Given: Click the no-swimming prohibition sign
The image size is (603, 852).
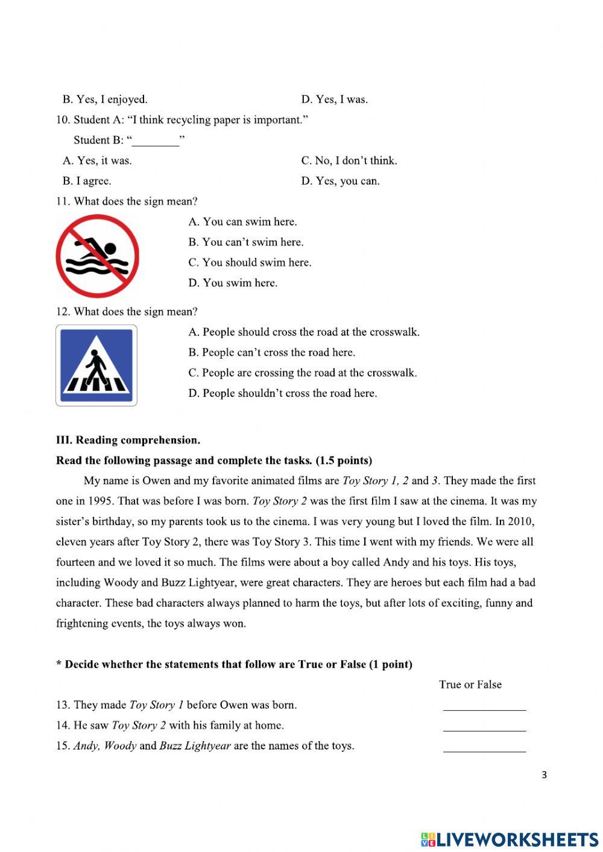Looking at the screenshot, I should coord(97,256).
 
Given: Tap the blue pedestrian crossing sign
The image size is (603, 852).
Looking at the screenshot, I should coord(96,365).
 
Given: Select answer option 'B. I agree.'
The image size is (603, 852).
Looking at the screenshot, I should coord(87,181).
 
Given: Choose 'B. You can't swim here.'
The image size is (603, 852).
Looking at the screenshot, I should coord(245,242).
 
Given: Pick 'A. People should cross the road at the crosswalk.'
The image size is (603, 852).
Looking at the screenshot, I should coord(303,332).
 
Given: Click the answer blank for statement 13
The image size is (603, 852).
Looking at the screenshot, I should coord(484,705).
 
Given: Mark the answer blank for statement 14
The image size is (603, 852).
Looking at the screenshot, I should coord(484,726).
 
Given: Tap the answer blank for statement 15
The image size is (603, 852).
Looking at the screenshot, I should coord(484,746).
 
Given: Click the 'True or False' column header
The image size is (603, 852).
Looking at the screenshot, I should coord(470,684).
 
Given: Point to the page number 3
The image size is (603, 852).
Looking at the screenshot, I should coord(544,775).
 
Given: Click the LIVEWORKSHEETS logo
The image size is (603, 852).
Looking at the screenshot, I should coord(509,839).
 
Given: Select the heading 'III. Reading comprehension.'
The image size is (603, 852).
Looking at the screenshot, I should coord(128,440).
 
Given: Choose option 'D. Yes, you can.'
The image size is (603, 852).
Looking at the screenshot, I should coord(340,181).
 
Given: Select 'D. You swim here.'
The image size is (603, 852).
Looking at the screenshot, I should coord(233,283).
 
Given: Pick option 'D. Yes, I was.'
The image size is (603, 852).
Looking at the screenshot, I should coord(334,99).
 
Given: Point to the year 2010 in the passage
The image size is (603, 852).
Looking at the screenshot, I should coord(520,522).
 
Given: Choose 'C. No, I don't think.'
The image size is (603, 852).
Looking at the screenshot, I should coord(349,160).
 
